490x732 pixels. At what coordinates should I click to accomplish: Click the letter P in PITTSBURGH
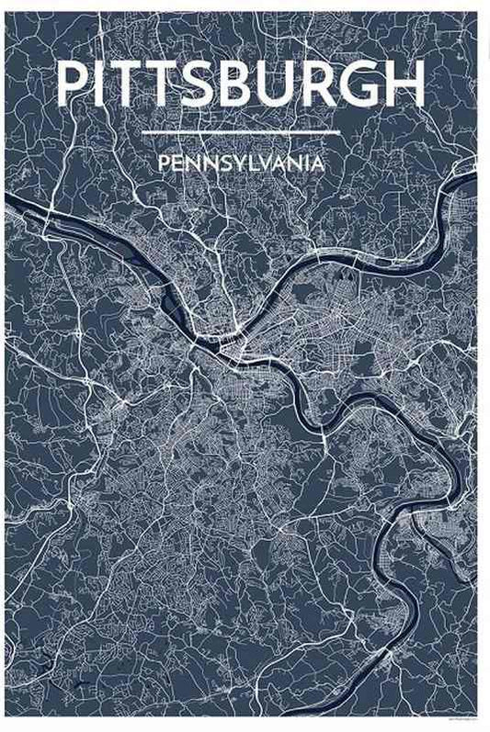click(74, 84)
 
